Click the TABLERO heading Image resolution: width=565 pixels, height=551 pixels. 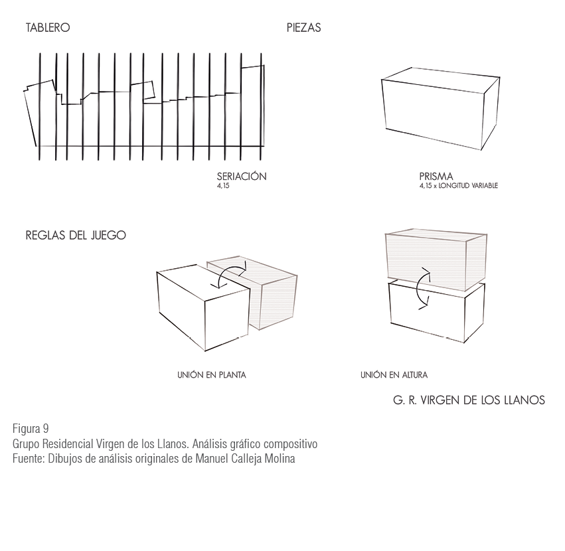coord(48,28)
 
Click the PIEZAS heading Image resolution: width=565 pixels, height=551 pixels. coord(304,28)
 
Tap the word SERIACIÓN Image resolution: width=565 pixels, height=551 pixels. coord(242,176)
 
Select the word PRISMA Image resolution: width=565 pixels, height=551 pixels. coord(436,177)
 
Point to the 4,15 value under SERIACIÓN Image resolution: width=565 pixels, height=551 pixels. coord(223,186)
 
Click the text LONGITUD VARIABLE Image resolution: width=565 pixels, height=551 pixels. coord(468,186)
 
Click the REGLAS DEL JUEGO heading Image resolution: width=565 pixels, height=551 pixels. coord(76,236)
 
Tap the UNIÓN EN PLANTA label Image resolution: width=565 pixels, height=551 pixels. coord(212,375)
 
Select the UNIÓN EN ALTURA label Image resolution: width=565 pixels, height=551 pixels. coord(394,375)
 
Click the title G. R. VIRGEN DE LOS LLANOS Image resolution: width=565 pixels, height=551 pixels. coord(469,400)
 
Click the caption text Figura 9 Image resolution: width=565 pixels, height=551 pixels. coord(31,428)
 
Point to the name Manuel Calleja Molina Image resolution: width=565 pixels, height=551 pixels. coord(245,459)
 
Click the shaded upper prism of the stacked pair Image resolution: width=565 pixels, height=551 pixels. coord(436,260)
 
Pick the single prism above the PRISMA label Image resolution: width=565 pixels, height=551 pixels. coord(440,108)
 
